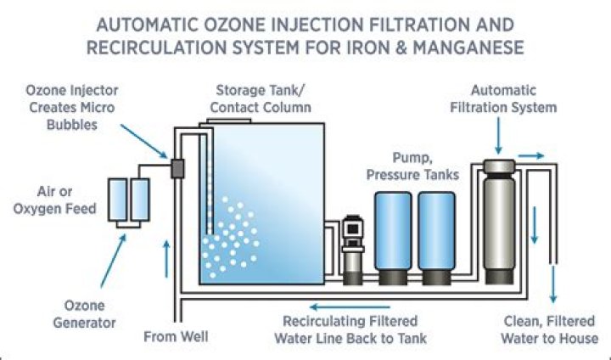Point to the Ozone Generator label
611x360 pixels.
(x=90, y=313)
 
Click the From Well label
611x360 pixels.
(x=175, y=336)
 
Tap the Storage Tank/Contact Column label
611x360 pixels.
(x=264, y=98)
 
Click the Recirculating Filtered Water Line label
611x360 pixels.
(x=350, y=330)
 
